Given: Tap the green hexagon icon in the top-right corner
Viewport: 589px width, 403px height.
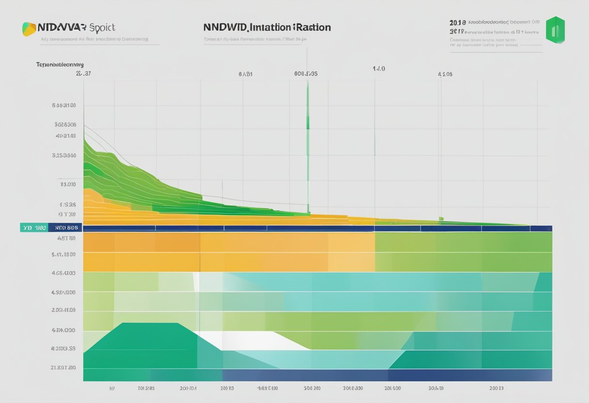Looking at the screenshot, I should click(x=555, y=30).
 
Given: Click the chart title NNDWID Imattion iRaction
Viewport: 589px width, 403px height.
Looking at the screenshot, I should click(x=267, y=27).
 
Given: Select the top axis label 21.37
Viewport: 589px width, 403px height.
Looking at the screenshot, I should click(x=83, y=74).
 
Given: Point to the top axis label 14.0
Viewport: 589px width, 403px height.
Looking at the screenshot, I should click(x=378, y=69).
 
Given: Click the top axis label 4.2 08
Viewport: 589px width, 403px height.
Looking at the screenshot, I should click(x=445, y=75).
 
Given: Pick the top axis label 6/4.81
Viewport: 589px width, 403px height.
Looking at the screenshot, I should click(x=245, y=75).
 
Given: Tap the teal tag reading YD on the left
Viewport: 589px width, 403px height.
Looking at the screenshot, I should click(x=33, y=228).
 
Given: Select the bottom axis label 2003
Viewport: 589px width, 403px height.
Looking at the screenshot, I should click(x=496, y=388).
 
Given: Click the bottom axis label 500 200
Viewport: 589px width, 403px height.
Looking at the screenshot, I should click(x=312, y=388).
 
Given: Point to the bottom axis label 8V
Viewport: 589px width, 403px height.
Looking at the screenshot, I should click(x=111, y=388).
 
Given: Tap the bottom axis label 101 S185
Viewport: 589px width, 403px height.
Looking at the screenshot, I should click(x=146, y=388).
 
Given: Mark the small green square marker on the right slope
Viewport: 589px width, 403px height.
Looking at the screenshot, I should click(x=441, y=219).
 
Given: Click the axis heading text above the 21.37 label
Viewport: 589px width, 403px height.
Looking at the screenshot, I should click(x=60, y=64).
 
